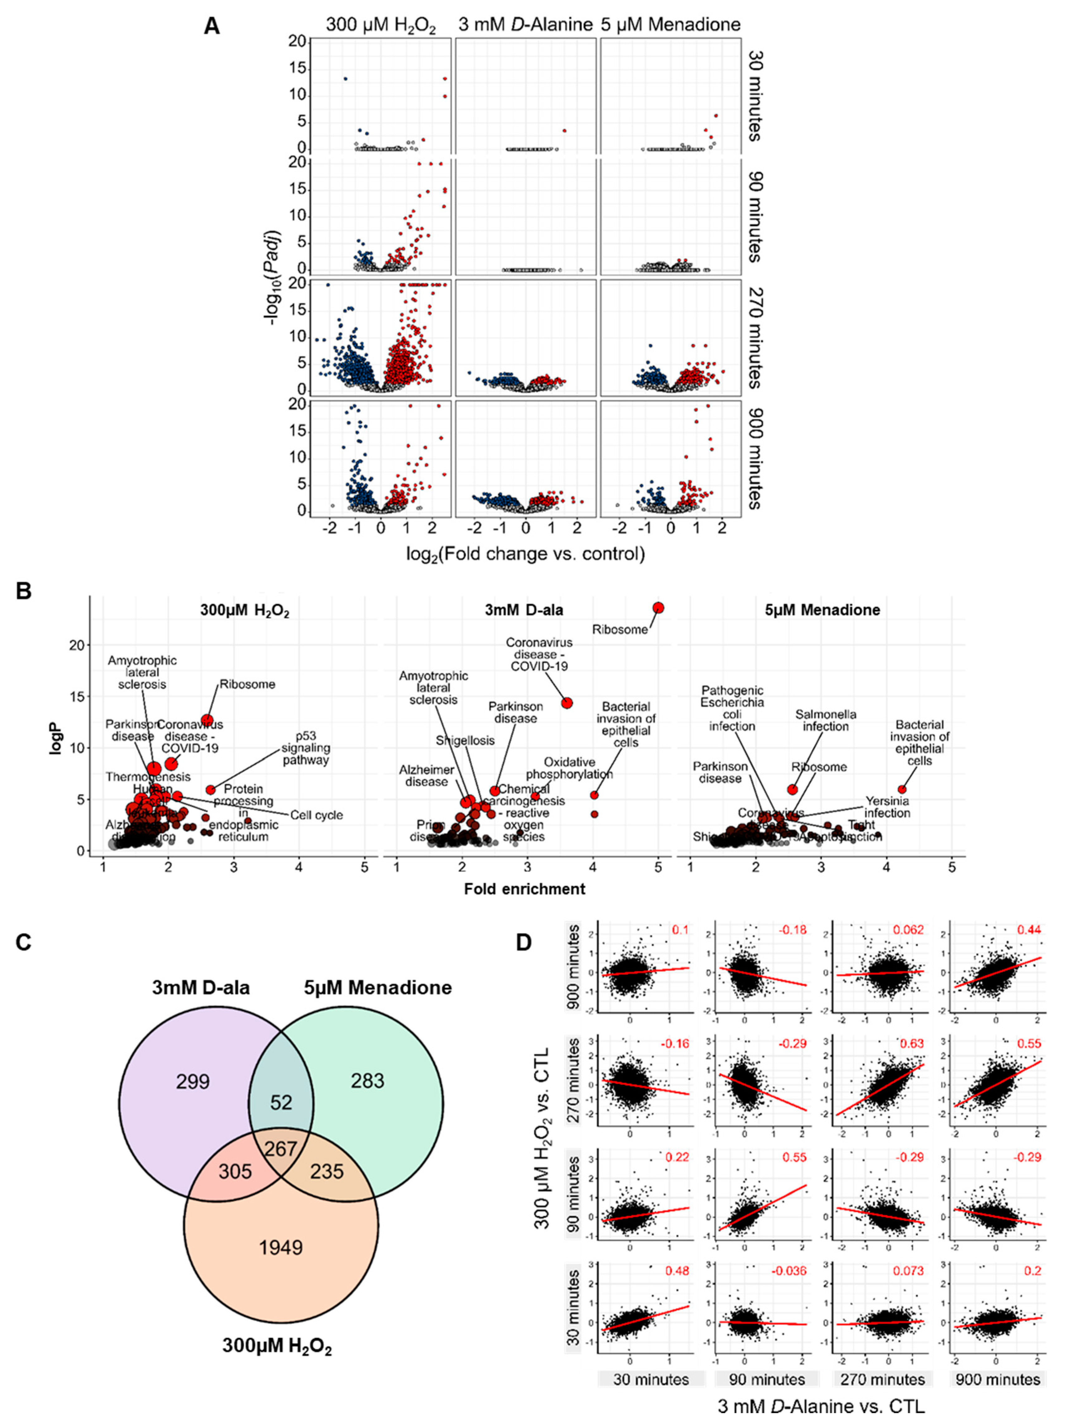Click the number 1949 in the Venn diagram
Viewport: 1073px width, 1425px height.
280,1248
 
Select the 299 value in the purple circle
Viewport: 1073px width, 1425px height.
193,1081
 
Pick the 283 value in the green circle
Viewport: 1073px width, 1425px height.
367,1080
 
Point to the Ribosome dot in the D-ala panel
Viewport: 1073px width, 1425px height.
658,608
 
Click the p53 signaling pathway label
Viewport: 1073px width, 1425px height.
305,748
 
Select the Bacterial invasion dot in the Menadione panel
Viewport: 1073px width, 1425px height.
902,789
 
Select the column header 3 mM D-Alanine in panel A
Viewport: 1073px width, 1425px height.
525,25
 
